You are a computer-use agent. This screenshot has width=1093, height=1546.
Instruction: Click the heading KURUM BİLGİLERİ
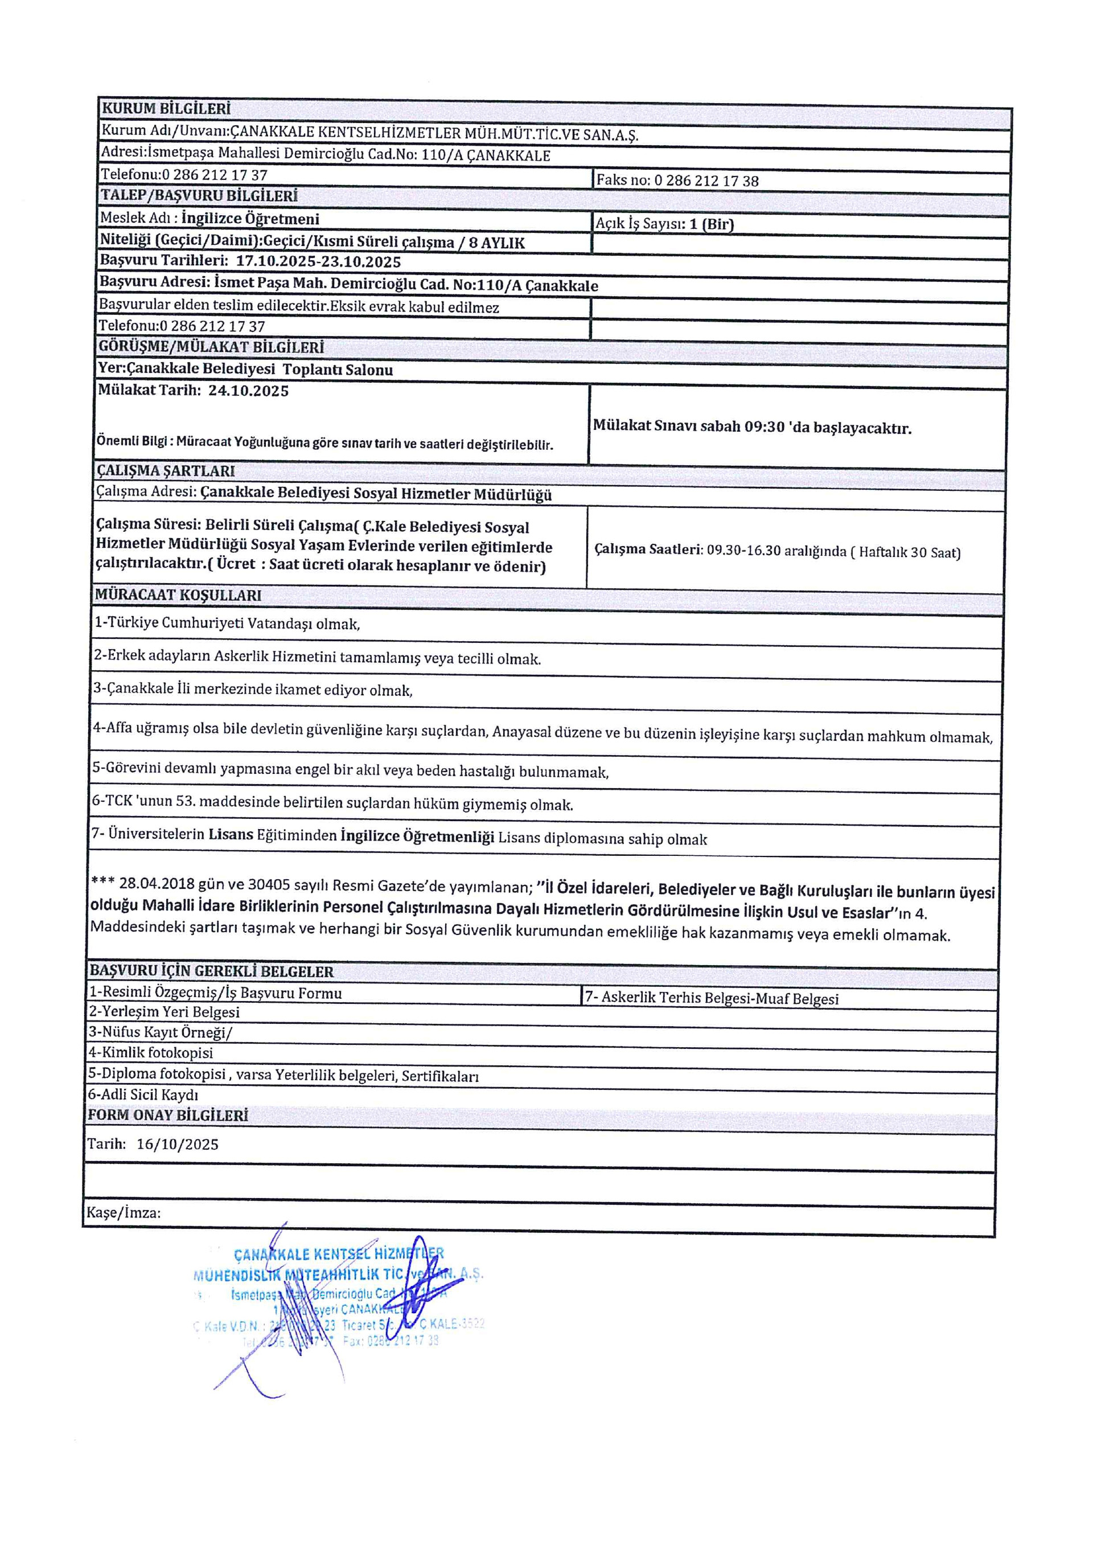pos(166,108)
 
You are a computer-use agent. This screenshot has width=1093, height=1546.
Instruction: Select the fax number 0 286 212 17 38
pos(706,181)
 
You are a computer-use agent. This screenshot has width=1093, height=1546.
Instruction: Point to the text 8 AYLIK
pos(497,243)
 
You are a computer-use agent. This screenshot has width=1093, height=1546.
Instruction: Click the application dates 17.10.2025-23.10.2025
pos(318,262)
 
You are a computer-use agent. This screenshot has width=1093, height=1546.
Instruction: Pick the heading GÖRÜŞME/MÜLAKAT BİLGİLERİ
pos(211,347)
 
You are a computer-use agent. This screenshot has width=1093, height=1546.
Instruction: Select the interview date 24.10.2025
pos(248,391)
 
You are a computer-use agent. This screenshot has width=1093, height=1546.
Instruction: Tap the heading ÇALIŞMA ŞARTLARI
pos(166,471)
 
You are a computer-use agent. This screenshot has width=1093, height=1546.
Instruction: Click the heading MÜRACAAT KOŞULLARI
pos(178,595)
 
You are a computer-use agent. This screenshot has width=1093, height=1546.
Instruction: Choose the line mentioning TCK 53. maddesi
pos(332,804)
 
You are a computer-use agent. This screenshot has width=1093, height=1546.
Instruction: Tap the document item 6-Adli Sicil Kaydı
pos(143,1095)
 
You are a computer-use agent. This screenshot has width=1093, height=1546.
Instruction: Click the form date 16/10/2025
pos(178,1145)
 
